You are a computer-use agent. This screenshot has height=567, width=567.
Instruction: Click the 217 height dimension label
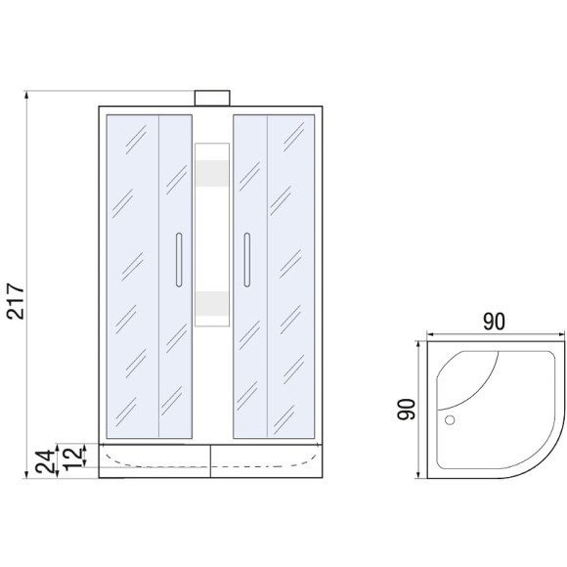click(x=16, y=301)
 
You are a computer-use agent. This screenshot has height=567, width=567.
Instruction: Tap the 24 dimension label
click(x=47, y=461)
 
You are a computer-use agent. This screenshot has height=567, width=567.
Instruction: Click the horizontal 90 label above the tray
click(x=494, y=322)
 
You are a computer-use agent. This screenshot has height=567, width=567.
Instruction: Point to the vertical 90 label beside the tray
click(x=406, y=409)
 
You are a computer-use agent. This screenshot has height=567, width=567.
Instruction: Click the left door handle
click(x=179, y=260)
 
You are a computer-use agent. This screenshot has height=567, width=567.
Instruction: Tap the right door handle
click(x=247, y=260)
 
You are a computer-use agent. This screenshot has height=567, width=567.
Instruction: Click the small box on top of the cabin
click(x=212, y=98)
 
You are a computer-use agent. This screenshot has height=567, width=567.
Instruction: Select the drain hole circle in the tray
click(x=450, y=419)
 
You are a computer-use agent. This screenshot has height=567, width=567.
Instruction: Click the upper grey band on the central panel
click(x=212, y=174)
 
